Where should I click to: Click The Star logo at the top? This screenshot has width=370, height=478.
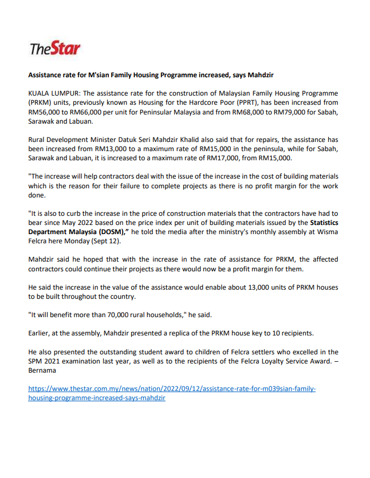tap(55, 49)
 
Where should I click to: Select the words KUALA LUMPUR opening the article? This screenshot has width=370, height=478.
tap(54, 93)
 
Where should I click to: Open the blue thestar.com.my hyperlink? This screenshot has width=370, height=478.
tap(172, 393)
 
